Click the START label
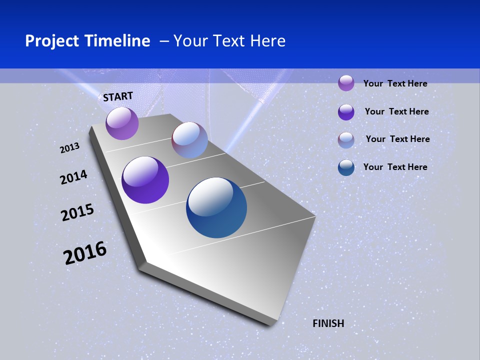pos(118,96)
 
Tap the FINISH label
pos(328,323)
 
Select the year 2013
pos(70,147)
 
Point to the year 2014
pos(73,177)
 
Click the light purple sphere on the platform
pos(122,123)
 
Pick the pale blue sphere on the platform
pos(190,140)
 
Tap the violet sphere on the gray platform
pos(145,180)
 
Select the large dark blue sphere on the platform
pos(216,207)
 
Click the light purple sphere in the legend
pos(346,83)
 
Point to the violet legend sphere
pos(346,112)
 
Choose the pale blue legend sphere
pos(346,140)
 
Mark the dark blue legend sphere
pos(346,167)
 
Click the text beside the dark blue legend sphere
pos(395,167)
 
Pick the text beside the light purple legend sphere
pos(395,83)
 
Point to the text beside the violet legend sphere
pos(396,111)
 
